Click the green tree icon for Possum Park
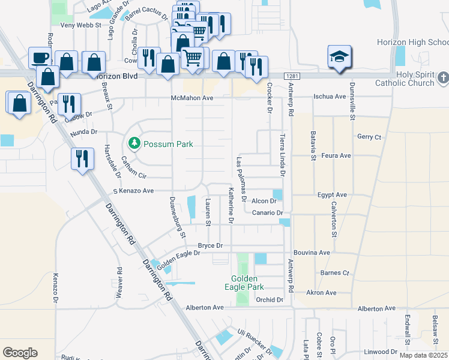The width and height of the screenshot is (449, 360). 134,144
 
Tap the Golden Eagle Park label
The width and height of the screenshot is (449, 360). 245,283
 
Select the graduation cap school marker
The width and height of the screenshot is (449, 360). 339,57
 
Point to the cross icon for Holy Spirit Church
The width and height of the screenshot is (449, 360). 442,77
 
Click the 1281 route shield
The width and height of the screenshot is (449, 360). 292,76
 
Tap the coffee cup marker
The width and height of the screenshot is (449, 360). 41,58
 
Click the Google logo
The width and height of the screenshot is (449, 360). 20,352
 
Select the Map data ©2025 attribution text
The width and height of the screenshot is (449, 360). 423,355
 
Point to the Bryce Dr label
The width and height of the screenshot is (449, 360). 210,246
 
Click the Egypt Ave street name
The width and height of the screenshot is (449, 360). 333,195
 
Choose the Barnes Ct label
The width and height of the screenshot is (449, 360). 334,272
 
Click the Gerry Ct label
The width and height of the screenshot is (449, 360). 369,137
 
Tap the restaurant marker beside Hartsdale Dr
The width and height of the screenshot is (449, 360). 82,158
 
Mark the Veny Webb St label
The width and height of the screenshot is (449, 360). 81,25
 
